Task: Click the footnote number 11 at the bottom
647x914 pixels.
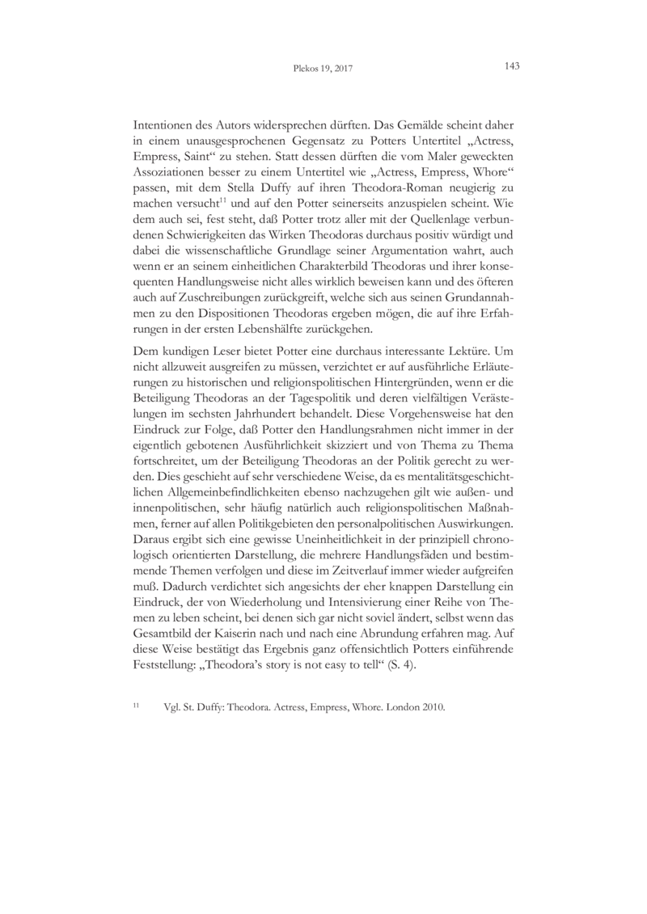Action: click(137, 704)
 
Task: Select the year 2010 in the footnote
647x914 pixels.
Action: click(430, 706)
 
